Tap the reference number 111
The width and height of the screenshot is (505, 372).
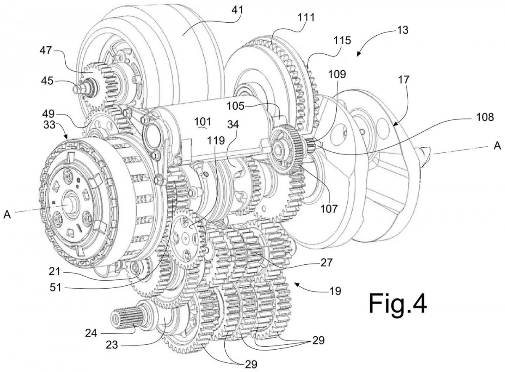(306, 17)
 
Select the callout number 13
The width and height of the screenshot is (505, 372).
(402, 30)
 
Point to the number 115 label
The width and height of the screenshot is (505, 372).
(343, 40)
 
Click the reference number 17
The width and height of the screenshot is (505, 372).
(404, 80)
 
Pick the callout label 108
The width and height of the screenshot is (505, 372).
(485, 117)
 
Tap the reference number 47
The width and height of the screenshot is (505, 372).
(46, 50)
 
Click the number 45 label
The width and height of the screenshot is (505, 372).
(47, 81)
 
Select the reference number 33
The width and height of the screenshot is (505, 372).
(49, 124)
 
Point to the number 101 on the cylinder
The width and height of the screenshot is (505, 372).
(203, 122)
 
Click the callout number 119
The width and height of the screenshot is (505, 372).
(216, 140)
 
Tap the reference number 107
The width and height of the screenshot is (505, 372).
(330, 209)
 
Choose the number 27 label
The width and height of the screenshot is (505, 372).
(326, 263)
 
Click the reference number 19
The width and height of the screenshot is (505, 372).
(335, 291)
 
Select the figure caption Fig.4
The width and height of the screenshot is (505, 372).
(398, 303)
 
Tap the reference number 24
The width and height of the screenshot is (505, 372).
(91, 333)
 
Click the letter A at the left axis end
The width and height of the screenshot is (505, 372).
(7, 215)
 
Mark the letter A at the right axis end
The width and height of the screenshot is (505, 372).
(497, 146)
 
